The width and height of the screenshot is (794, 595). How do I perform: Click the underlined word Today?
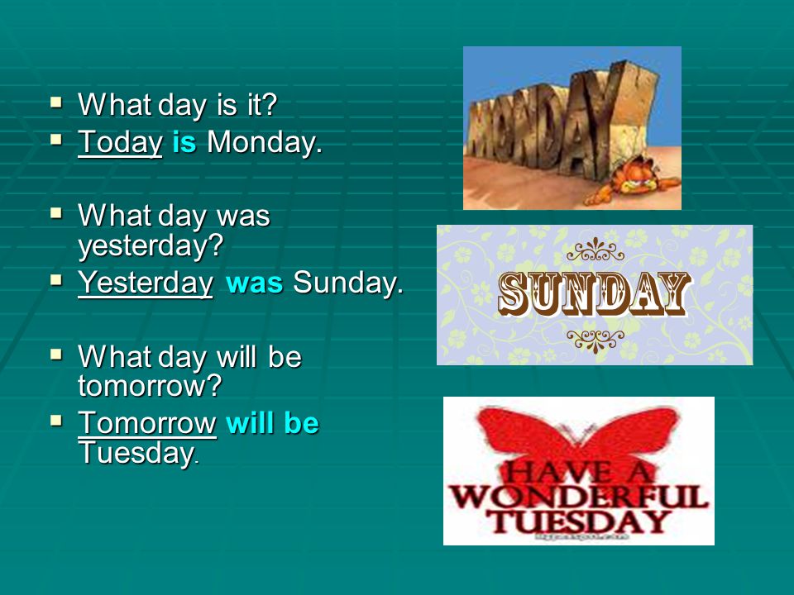click(120, 142)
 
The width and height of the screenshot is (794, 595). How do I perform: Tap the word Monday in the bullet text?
click(265, 142)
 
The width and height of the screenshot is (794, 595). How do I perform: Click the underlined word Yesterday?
click(146, 283)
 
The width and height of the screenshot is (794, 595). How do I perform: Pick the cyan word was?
click(254, 283)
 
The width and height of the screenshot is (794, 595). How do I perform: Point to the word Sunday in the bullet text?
click(348, 283)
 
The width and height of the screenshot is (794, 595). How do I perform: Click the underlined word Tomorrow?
click(147, 422)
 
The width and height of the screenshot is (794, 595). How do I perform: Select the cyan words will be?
click(272, 422)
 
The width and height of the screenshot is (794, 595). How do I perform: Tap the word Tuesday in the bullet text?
click(139, 452)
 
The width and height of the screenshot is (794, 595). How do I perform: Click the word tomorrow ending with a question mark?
click(150, 386)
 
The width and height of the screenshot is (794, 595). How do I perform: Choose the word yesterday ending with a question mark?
click(151, 246)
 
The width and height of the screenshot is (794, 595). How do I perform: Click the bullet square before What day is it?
click(56, 102)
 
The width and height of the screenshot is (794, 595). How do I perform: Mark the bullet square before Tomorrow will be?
click(56, 421)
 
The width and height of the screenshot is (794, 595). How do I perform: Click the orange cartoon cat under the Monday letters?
click(633, 181)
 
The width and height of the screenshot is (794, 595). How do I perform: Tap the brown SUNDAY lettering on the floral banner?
click(595, 294)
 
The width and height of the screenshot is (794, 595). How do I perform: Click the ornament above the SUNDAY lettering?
click(595, 249)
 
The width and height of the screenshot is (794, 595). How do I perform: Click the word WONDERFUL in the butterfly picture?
click(579, 497)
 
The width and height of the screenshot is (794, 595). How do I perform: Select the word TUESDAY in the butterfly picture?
click(579, 522)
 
